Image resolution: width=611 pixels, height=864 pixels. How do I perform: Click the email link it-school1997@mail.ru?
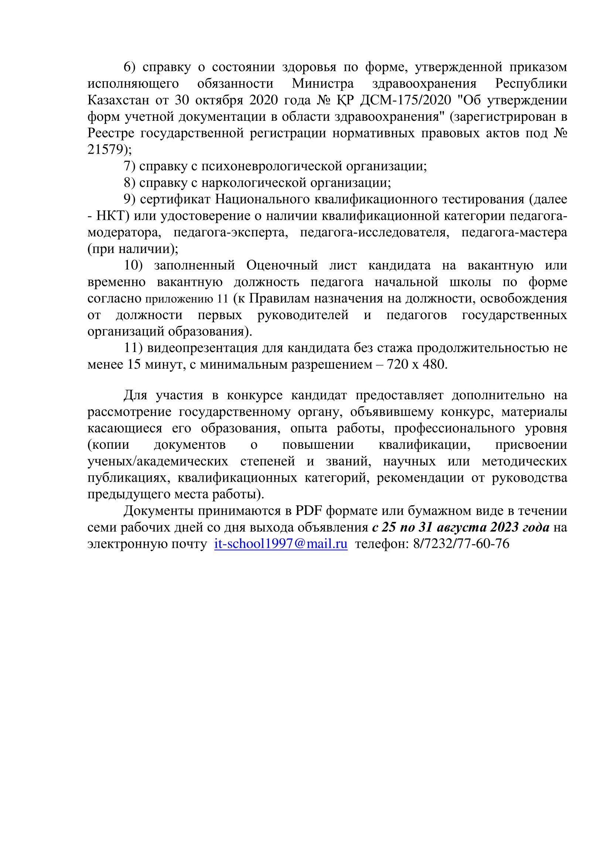tap(281, 544)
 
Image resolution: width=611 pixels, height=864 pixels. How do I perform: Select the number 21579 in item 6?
tap(105, 150)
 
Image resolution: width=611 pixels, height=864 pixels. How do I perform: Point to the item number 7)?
tap(130, 166)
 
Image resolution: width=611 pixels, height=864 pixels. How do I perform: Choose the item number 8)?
tap(130, 183)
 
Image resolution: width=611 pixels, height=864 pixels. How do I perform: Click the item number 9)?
tap(130, 199)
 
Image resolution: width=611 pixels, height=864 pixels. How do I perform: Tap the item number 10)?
tap(134, 266)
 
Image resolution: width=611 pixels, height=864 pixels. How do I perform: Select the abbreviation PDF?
tap(309, 511)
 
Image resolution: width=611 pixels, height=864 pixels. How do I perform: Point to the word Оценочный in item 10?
tap(282, 266)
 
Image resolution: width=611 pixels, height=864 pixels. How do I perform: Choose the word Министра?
tap(322, 83)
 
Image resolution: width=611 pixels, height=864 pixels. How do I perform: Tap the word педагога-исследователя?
tap(374, 233)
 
